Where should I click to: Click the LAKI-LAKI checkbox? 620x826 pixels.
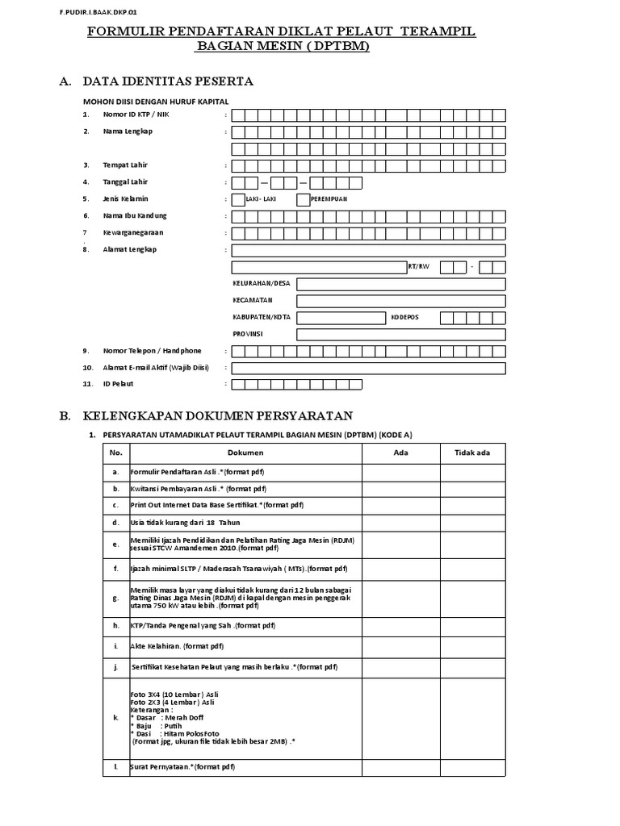[x=237, y=199]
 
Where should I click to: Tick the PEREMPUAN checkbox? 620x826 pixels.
[x=304, y=199]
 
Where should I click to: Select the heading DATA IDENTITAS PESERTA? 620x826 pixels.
[x=167, y=81]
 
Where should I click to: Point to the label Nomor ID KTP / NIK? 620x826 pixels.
[x=136, y=115]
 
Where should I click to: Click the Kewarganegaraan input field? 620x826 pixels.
[x=368, y=233]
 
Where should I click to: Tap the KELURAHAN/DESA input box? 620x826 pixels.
[x=400, y=283]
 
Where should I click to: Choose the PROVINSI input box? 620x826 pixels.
[x=400, y=334]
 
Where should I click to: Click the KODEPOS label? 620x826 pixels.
[x=405, y=317]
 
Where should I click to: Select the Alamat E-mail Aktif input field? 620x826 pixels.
[x=368, y=368]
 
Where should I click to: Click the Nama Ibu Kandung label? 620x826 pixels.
[x=135, y=216]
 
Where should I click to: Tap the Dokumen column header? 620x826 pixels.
[x=240, y=453]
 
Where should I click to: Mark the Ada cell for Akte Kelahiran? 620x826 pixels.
[x=401, y=646]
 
